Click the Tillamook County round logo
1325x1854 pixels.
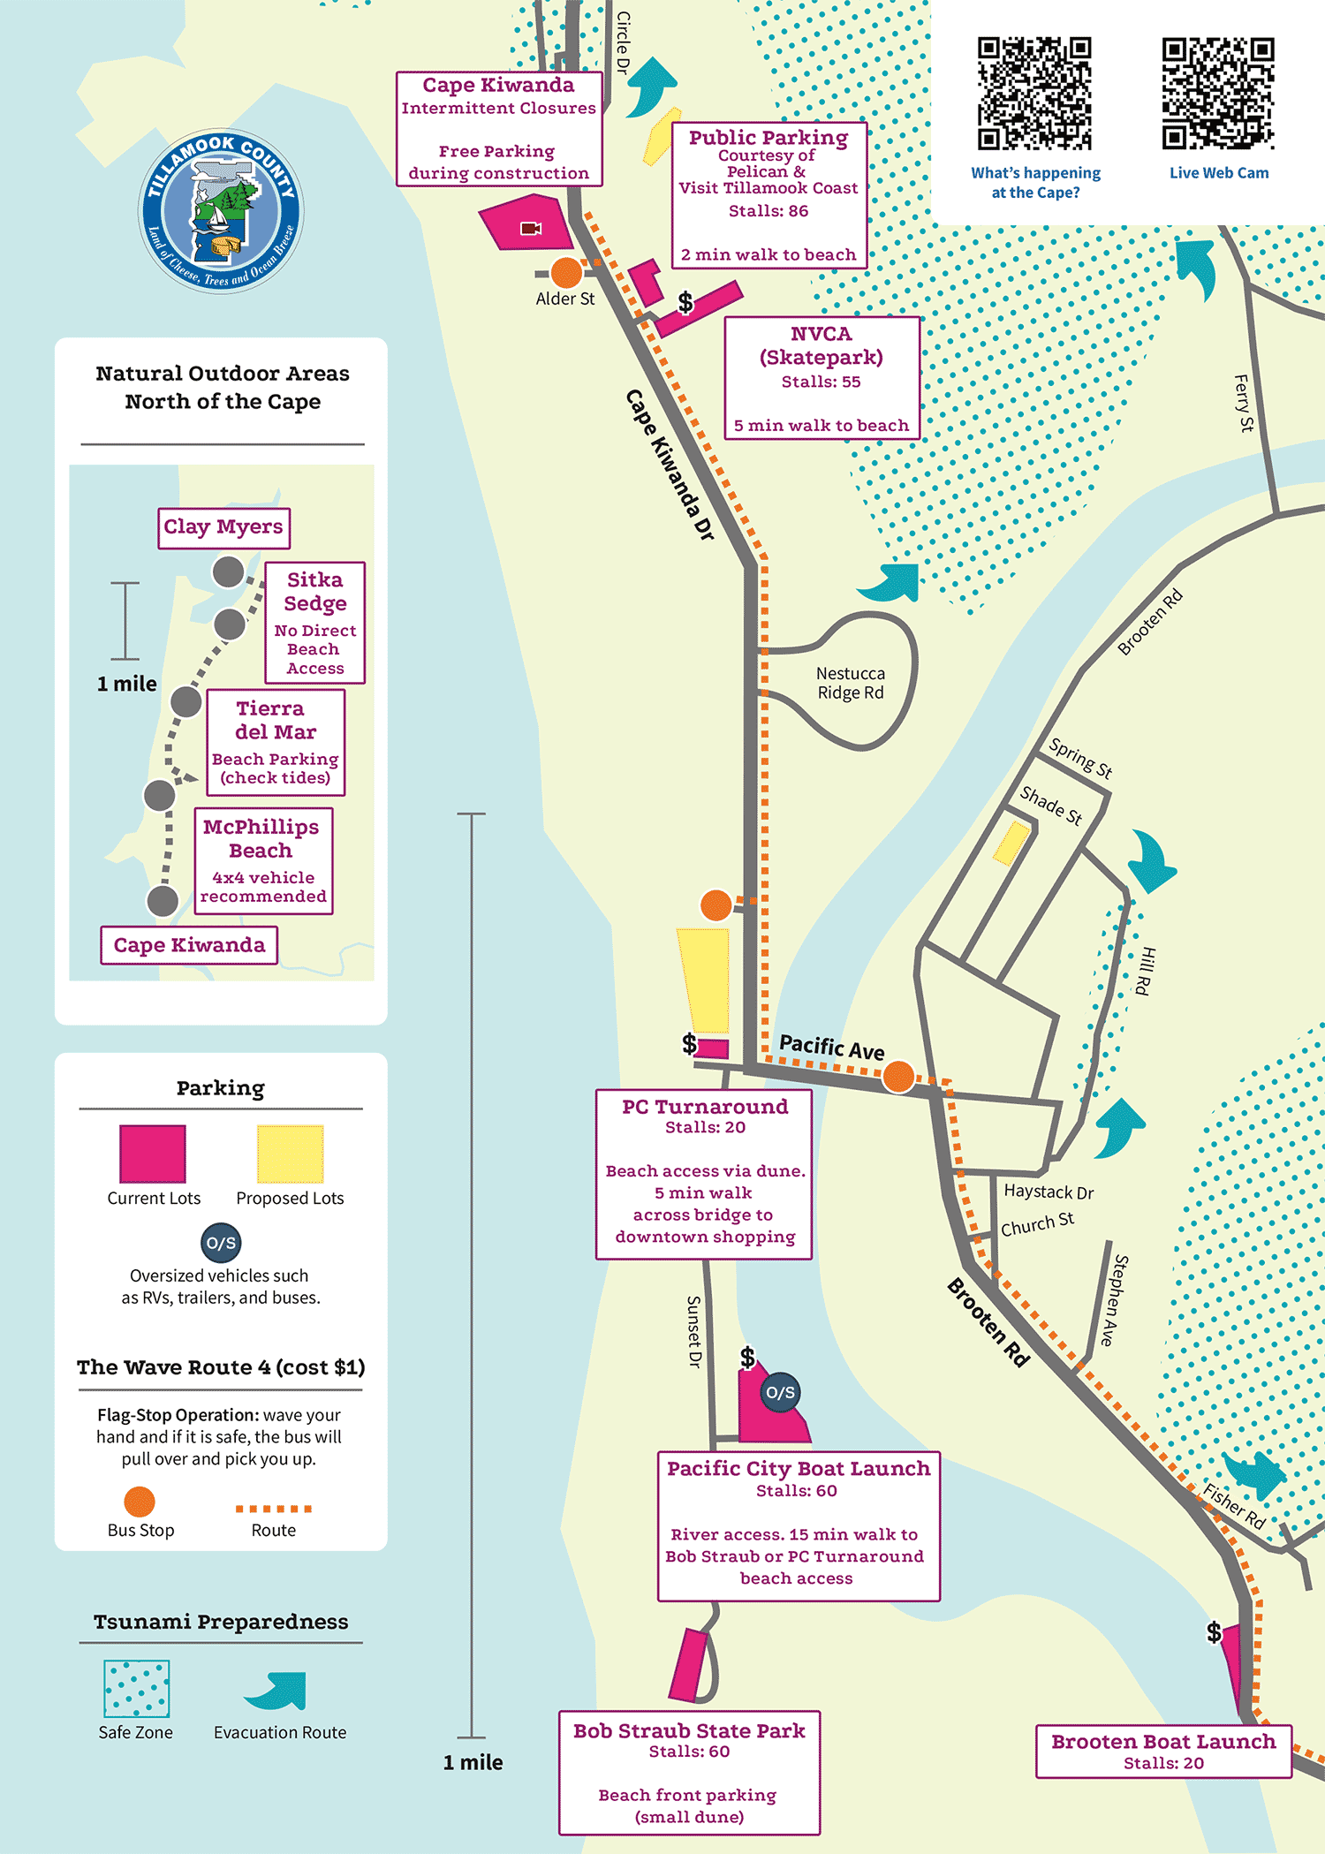click(x=221, y=211)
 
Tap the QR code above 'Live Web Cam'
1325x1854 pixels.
click(x=1218, y=94)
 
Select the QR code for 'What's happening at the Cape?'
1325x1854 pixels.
click(x=1034, y=94)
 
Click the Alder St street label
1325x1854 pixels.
click(x=565, y=299)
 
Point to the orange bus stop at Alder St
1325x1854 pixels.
click(x=566, y=273)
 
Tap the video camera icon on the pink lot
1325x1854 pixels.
click(x=531, y=229)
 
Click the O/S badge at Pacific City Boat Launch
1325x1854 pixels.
click(x=780, y=1393)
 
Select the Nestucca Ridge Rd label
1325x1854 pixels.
click(x=850, y=684)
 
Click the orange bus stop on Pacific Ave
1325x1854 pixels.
click(x=898, y=1077)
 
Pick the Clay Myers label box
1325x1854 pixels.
click(x=223, y=527)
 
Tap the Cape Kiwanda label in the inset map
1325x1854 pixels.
click(x=189, y=945)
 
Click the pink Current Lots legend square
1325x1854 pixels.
click(x=153, y=1154)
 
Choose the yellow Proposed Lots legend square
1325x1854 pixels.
click(x=290, y=1154)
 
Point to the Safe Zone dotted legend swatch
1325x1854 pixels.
click(x=137, y=1689)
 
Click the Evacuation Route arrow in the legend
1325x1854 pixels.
click(x=277, y=1691)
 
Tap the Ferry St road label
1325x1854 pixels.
click(x=1244, y=403)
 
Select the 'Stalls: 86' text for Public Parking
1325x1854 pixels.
click(x=768, y=211)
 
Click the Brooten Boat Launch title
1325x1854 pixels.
click(x=1163, y=1742)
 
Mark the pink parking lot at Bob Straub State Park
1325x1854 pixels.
click(x=688, y=1666)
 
